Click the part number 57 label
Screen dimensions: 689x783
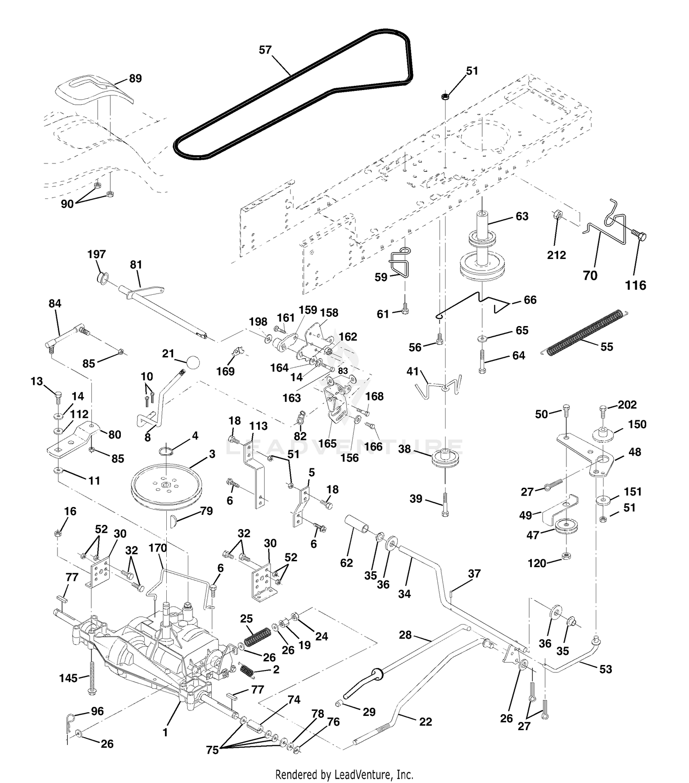[x=265, y=50]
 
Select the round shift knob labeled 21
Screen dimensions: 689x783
[x=193, y=363]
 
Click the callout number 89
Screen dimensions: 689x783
[x=136, y=79]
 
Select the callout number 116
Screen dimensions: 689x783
[x=636, y=285]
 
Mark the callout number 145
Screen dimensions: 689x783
[x=68, y=677]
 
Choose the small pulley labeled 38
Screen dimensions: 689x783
[x=445, y=460]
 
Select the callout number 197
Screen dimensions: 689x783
[x=96, y=254]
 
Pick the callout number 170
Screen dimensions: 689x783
[x=158, y=548]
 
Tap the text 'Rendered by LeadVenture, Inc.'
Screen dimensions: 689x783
[x=344, y=774]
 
